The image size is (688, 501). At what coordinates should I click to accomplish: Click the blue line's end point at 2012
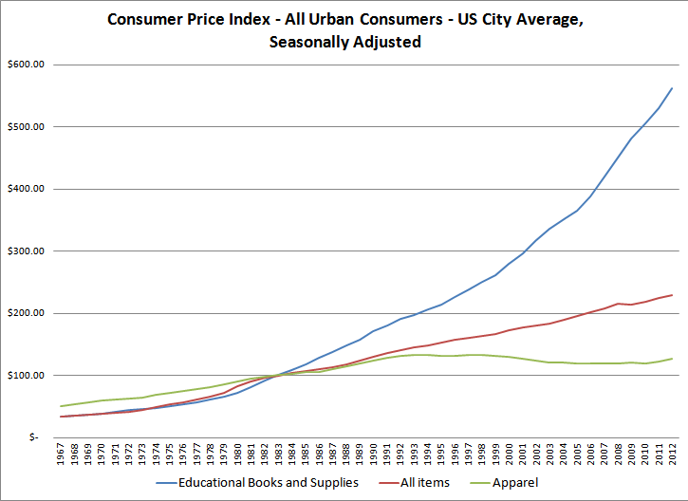pyautogui.click(x=672, y=88)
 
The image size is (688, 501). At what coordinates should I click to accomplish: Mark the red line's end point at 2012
pyautogui.click(x=672, y=295)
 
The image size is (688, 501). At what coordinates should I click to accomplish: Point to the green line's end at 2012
pyautogui.click(x=672, y=359)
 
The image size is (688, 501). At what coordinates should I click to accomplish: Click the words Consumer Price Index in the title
pyautogui.click(x=185, y=20)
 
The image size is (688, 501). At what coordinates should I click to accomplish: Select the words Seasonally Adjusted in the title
pyautogui.click(x=344, y=42)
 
